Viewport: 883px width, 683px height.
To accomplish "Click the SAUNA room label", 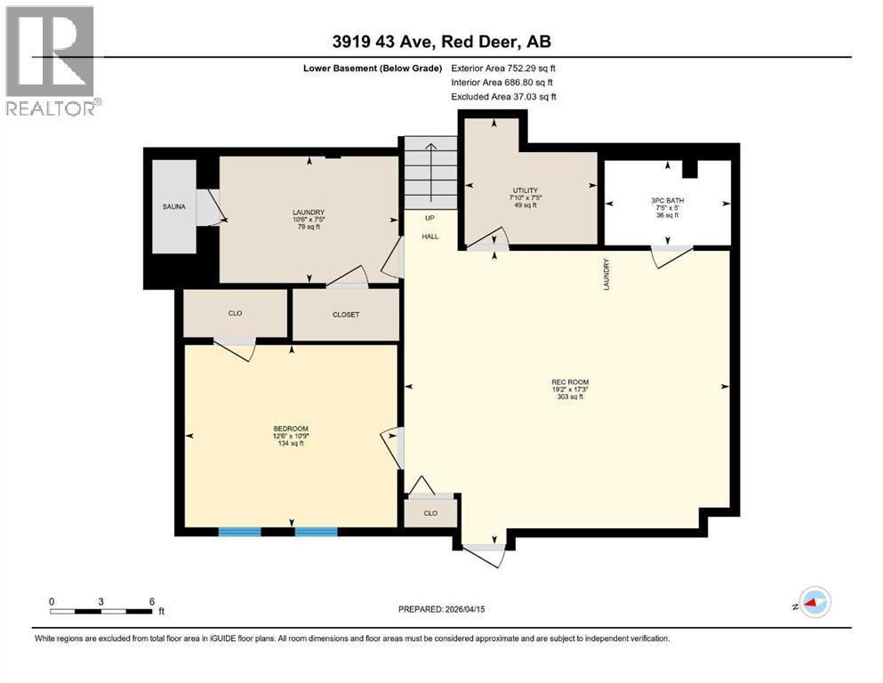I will [173, 207].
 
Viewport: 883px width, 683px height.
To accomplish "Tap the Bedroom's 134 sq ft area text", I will [289, 444].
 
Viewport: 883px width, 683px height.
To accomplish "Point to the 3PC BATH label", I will [667, 201].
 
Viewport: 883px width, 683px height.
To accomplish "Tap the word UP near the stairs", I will [430, 218].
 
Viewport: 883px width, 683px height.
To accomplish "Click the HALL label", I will [430, 237].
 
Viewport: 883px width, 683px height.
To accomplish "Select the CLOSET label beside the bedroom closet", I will [346, 315].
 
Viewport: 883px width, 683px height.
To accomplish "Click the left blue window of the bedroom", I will [239, 532].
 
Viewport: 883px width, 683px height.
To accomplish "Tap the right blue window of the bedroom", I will [316, 532].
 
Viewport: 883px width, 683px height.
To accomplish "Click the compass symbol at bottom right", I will [813, 603].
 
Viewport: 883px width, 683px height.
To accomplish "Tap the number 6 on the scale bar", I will [152, 601].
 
